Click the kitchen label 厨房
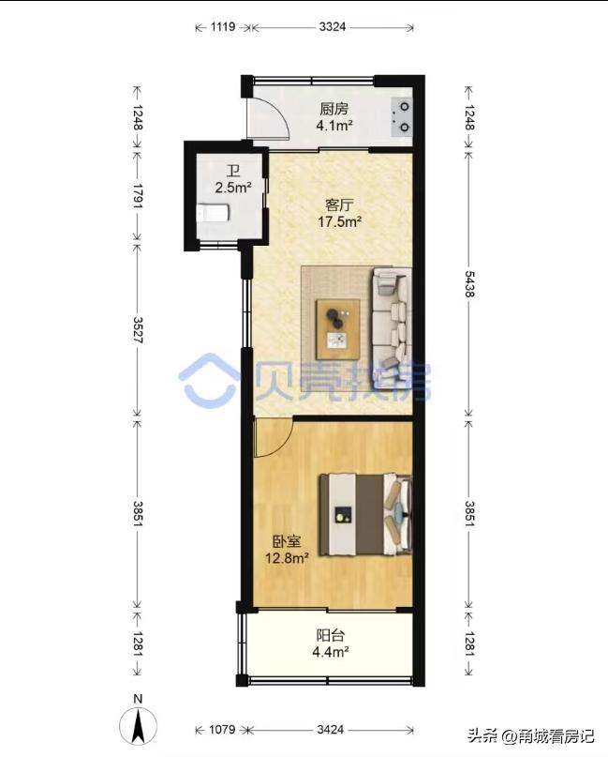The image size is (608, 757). pyautogui.click(x=334, y=109)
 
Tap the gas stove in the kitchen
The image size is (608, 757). pyautogui.click(x=401, y=117)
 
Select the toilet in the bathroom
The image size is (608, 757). pyautogui.click(x=213, y=213)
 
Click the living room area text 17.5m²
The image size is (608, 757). pyautogui.click(x=339, y=222)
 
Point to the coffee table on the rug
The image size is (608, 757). pyautogui.click(x=337, y=330)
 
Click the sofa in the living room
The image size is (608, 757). pyautogui.click(x=392, y=328)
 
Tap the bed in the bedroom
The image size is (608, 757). pyautogui.click(x=365, y=515)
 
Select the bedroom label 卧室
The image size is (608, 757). pyautogui.click(x=287, y=542)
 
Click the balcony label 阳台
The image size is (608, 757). pyautogui.click(x=331, y=636)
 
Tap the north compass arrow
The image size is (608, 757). pyautogui.click(x=139, y=726)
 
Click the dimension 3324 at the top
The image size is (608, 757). pyautogui.click(x=333, y=27)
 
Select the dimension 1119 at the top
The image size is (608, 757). pyautogui.click(x=222, y=27)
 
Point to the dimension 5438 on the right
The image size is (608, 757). pyautogui.click(x=469, y=284)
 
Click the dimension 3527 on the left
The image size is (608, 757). pyautogui.click(x=138, y=330)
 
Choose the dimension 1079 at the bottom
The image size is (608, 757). pyautogui.click(x=222, y=729)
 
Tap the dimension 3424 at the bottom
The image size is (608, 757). pyautogui.click(x=331, y=729)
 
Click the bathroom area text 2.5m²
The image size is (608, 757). pyautogui.click(x=233, y=188)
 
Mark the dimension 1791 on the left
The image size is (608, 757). pyautogui.click(x=138, y=195)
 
